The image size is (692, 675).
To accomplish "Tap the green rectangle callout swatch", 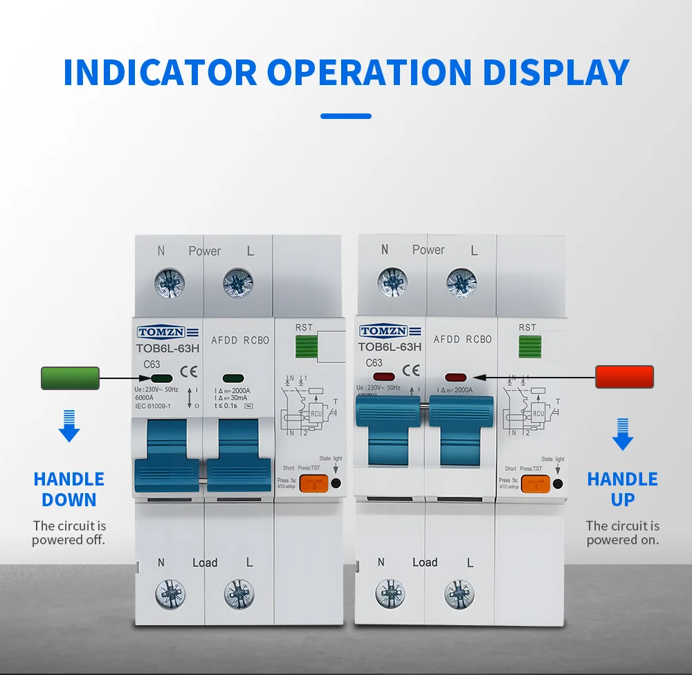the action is tap(70, 378).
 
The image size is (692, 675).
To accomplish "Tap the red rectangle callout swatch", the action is tap(624, 377).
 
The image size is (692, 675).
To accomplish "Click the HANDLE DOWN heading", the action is tap(69, 489).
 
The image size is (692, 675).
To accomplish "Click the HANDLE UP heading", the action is tap(622, 489).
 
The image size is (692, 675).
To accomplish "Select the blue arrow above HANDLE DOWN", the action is tap(69, 426).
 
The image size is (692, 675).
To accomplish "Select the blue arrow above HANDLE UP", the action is tap(623, 434).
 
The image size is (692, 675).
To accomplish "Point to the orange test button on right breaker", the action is tap(535, 483).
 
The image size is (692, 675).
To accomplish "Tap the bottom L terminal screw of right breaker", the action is tap(459, 594).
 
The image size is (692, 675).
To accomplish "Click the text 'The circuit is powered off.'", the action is tap(69, 533).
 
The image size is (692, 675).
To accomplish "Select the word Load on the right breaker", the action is tap(425, 562).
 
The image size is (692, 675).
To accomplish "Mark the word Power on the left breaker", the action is tap(205, 251).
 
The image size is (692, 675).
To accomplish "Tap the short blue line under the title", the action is tap(346, 116).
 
